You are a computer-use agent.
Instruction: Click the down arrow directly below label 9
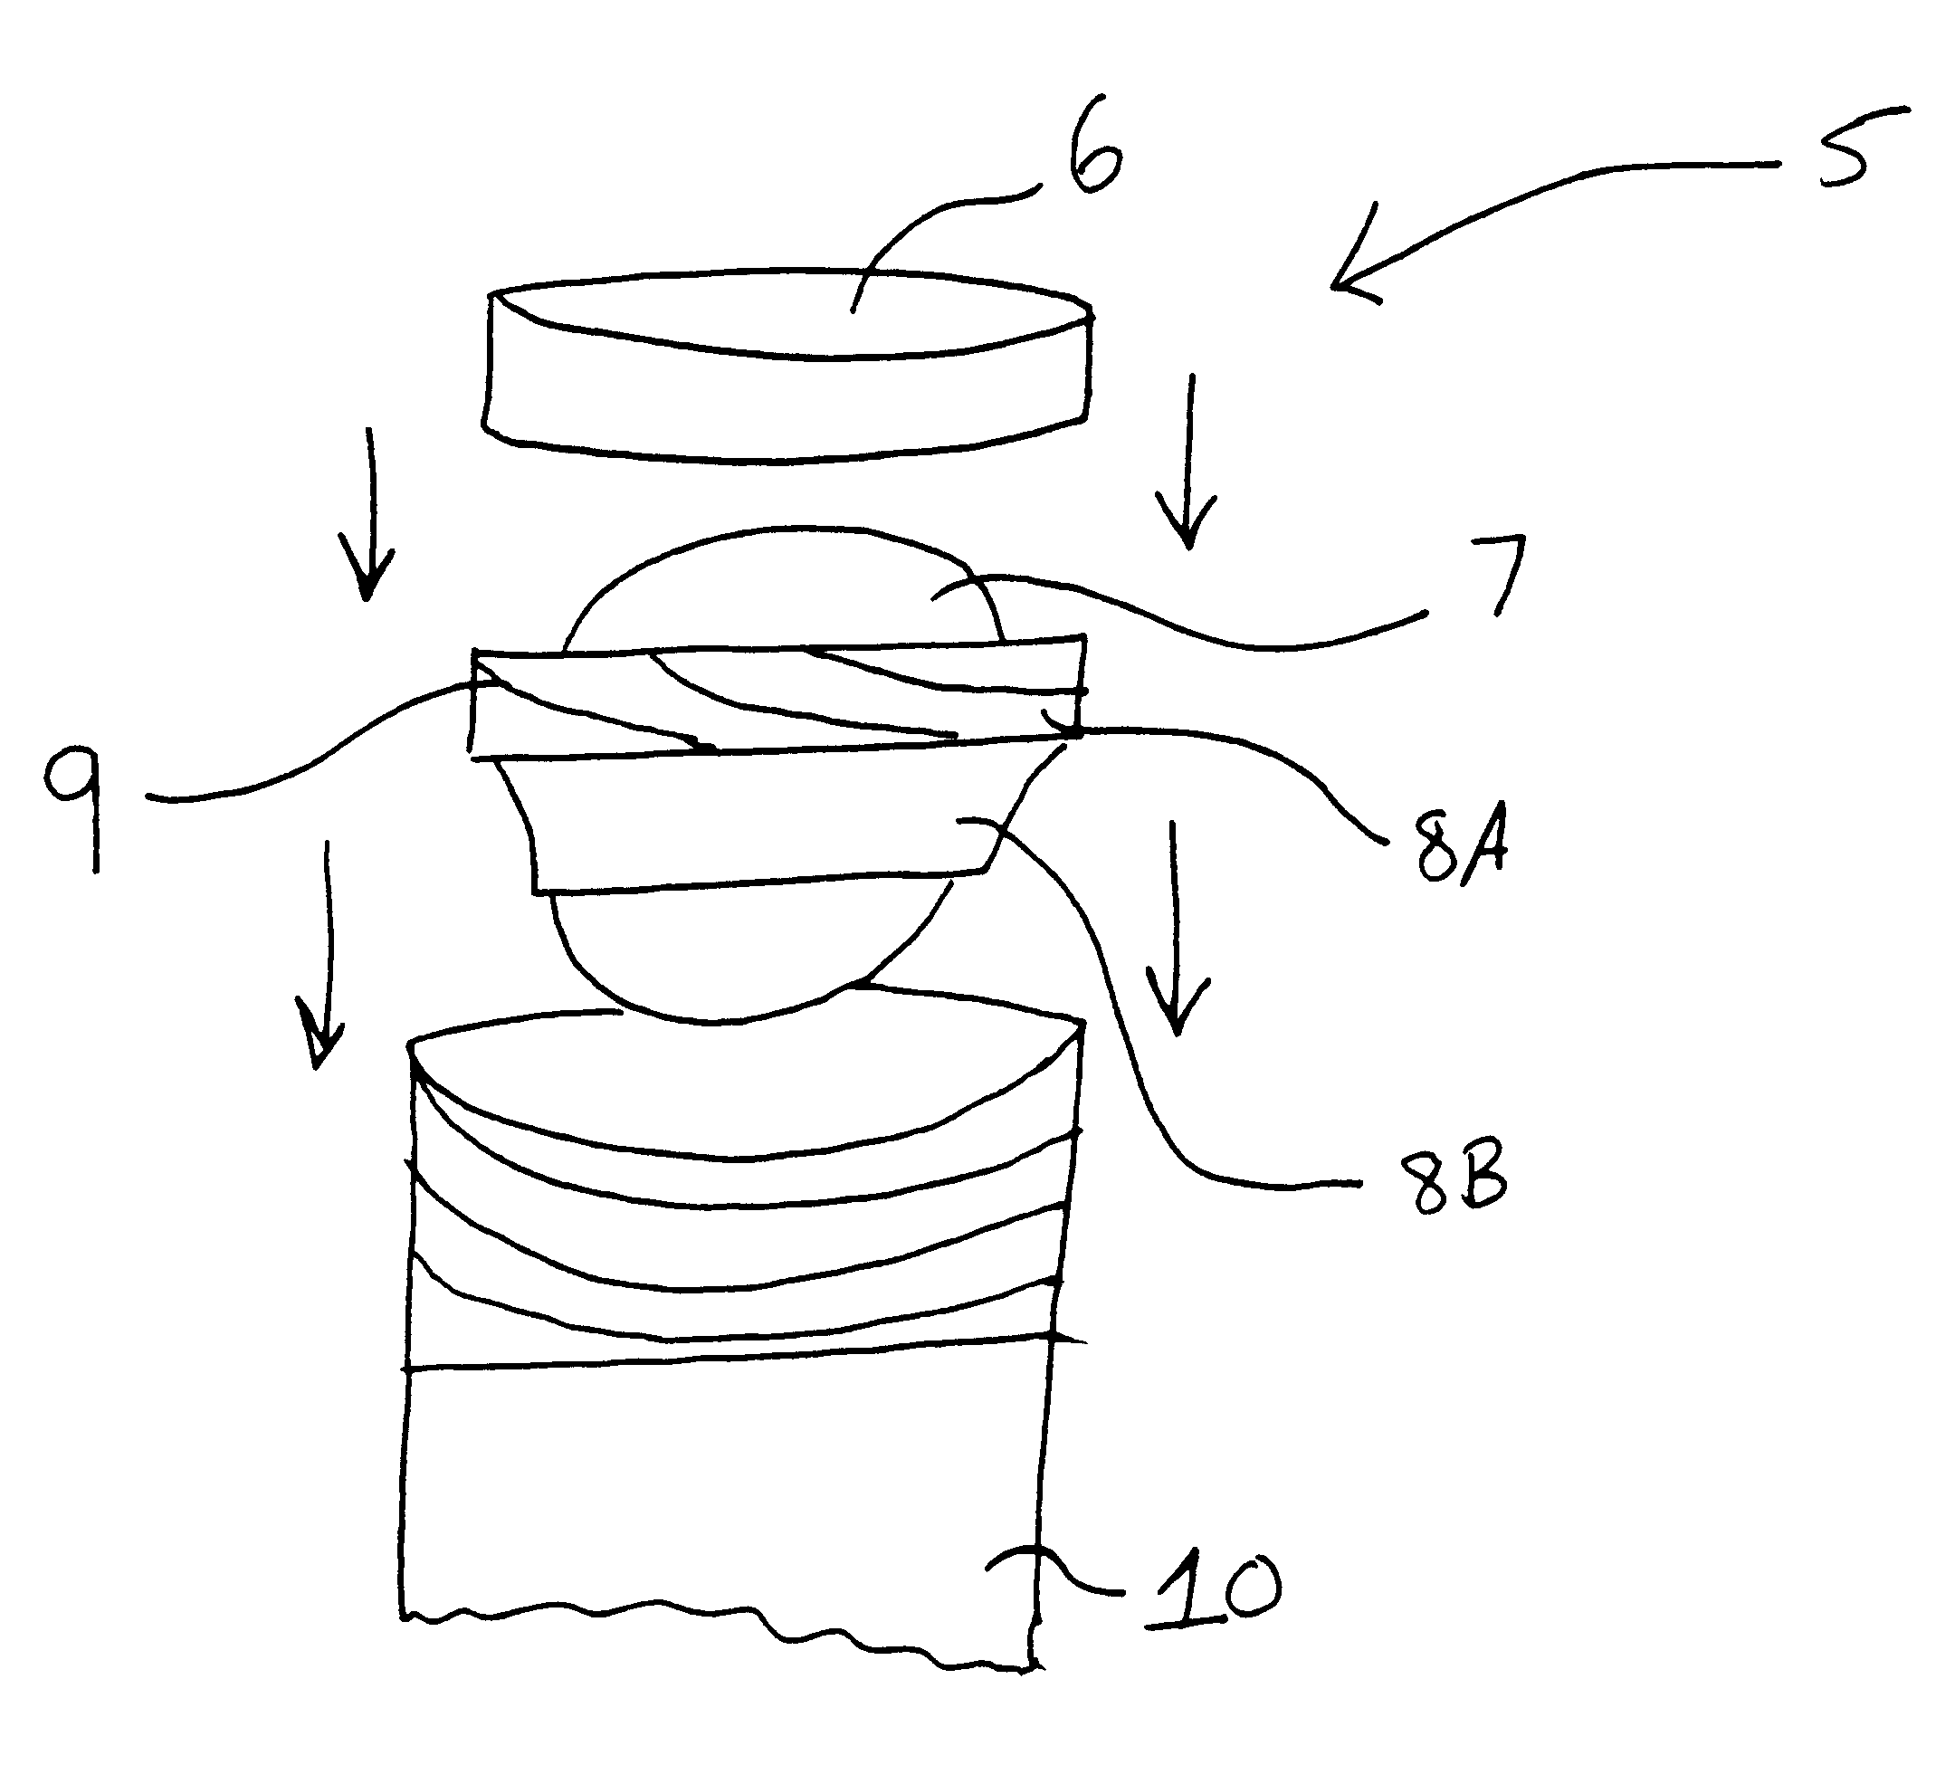coord(322,954)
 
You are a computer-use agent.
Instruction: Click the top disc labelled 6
coord(787,363)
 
